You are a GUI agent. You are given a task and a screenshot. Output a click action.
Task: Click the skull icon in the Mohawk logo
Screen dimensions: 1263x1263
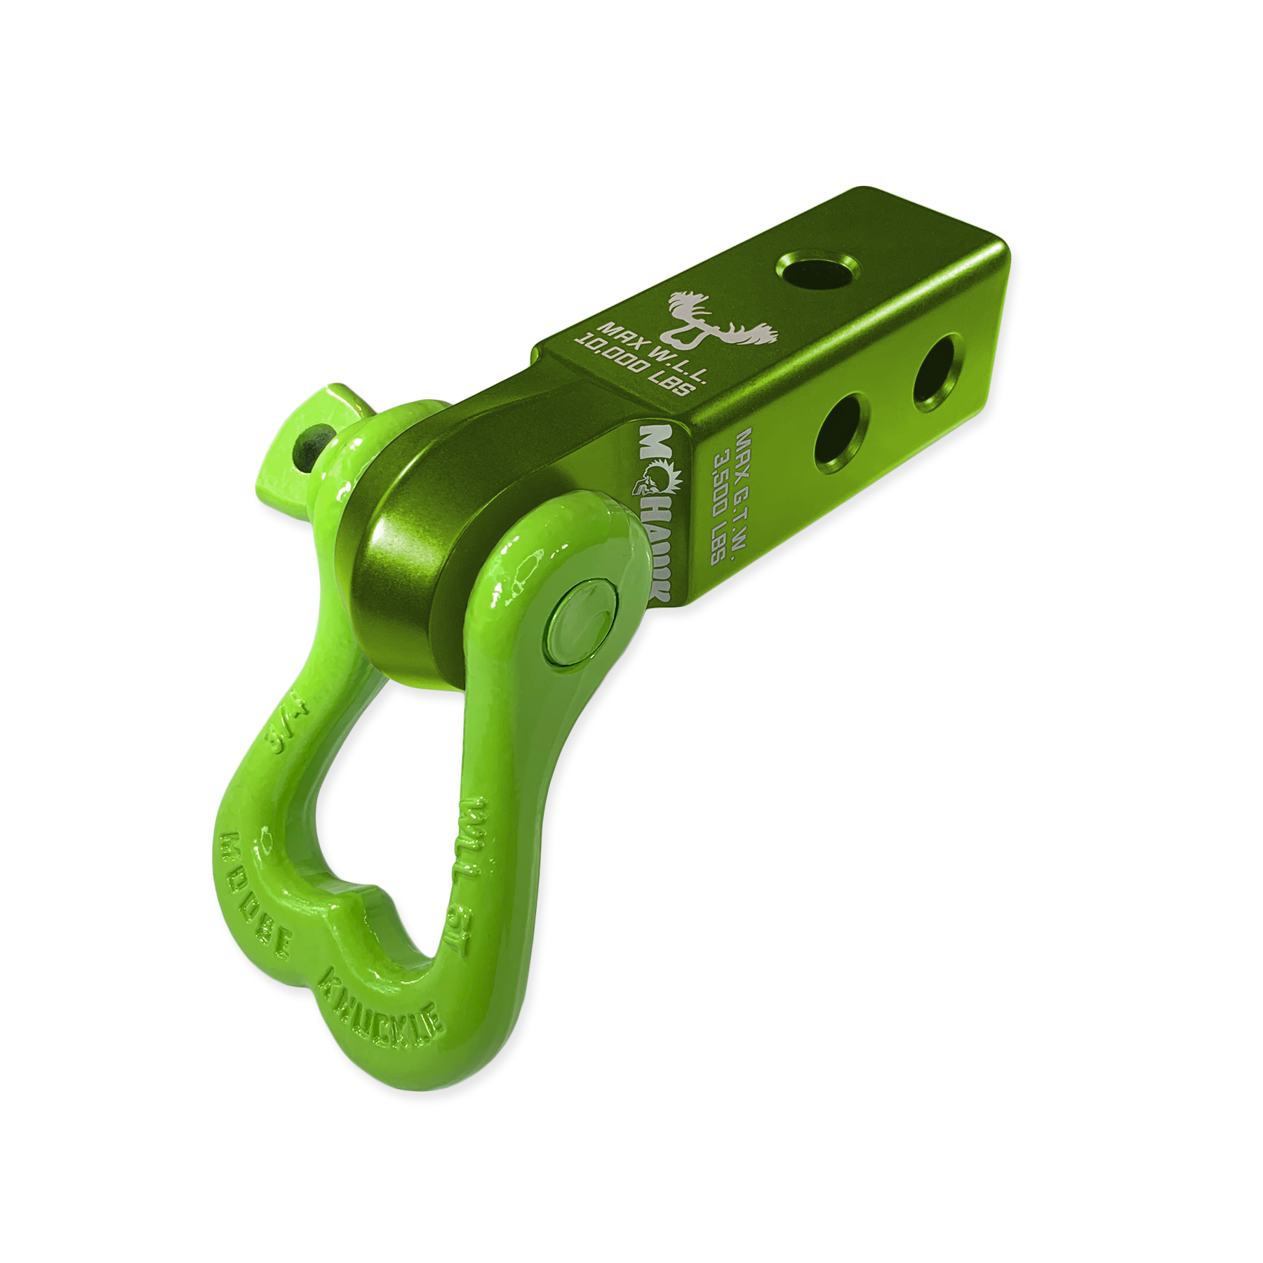[x=645, y=483]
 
